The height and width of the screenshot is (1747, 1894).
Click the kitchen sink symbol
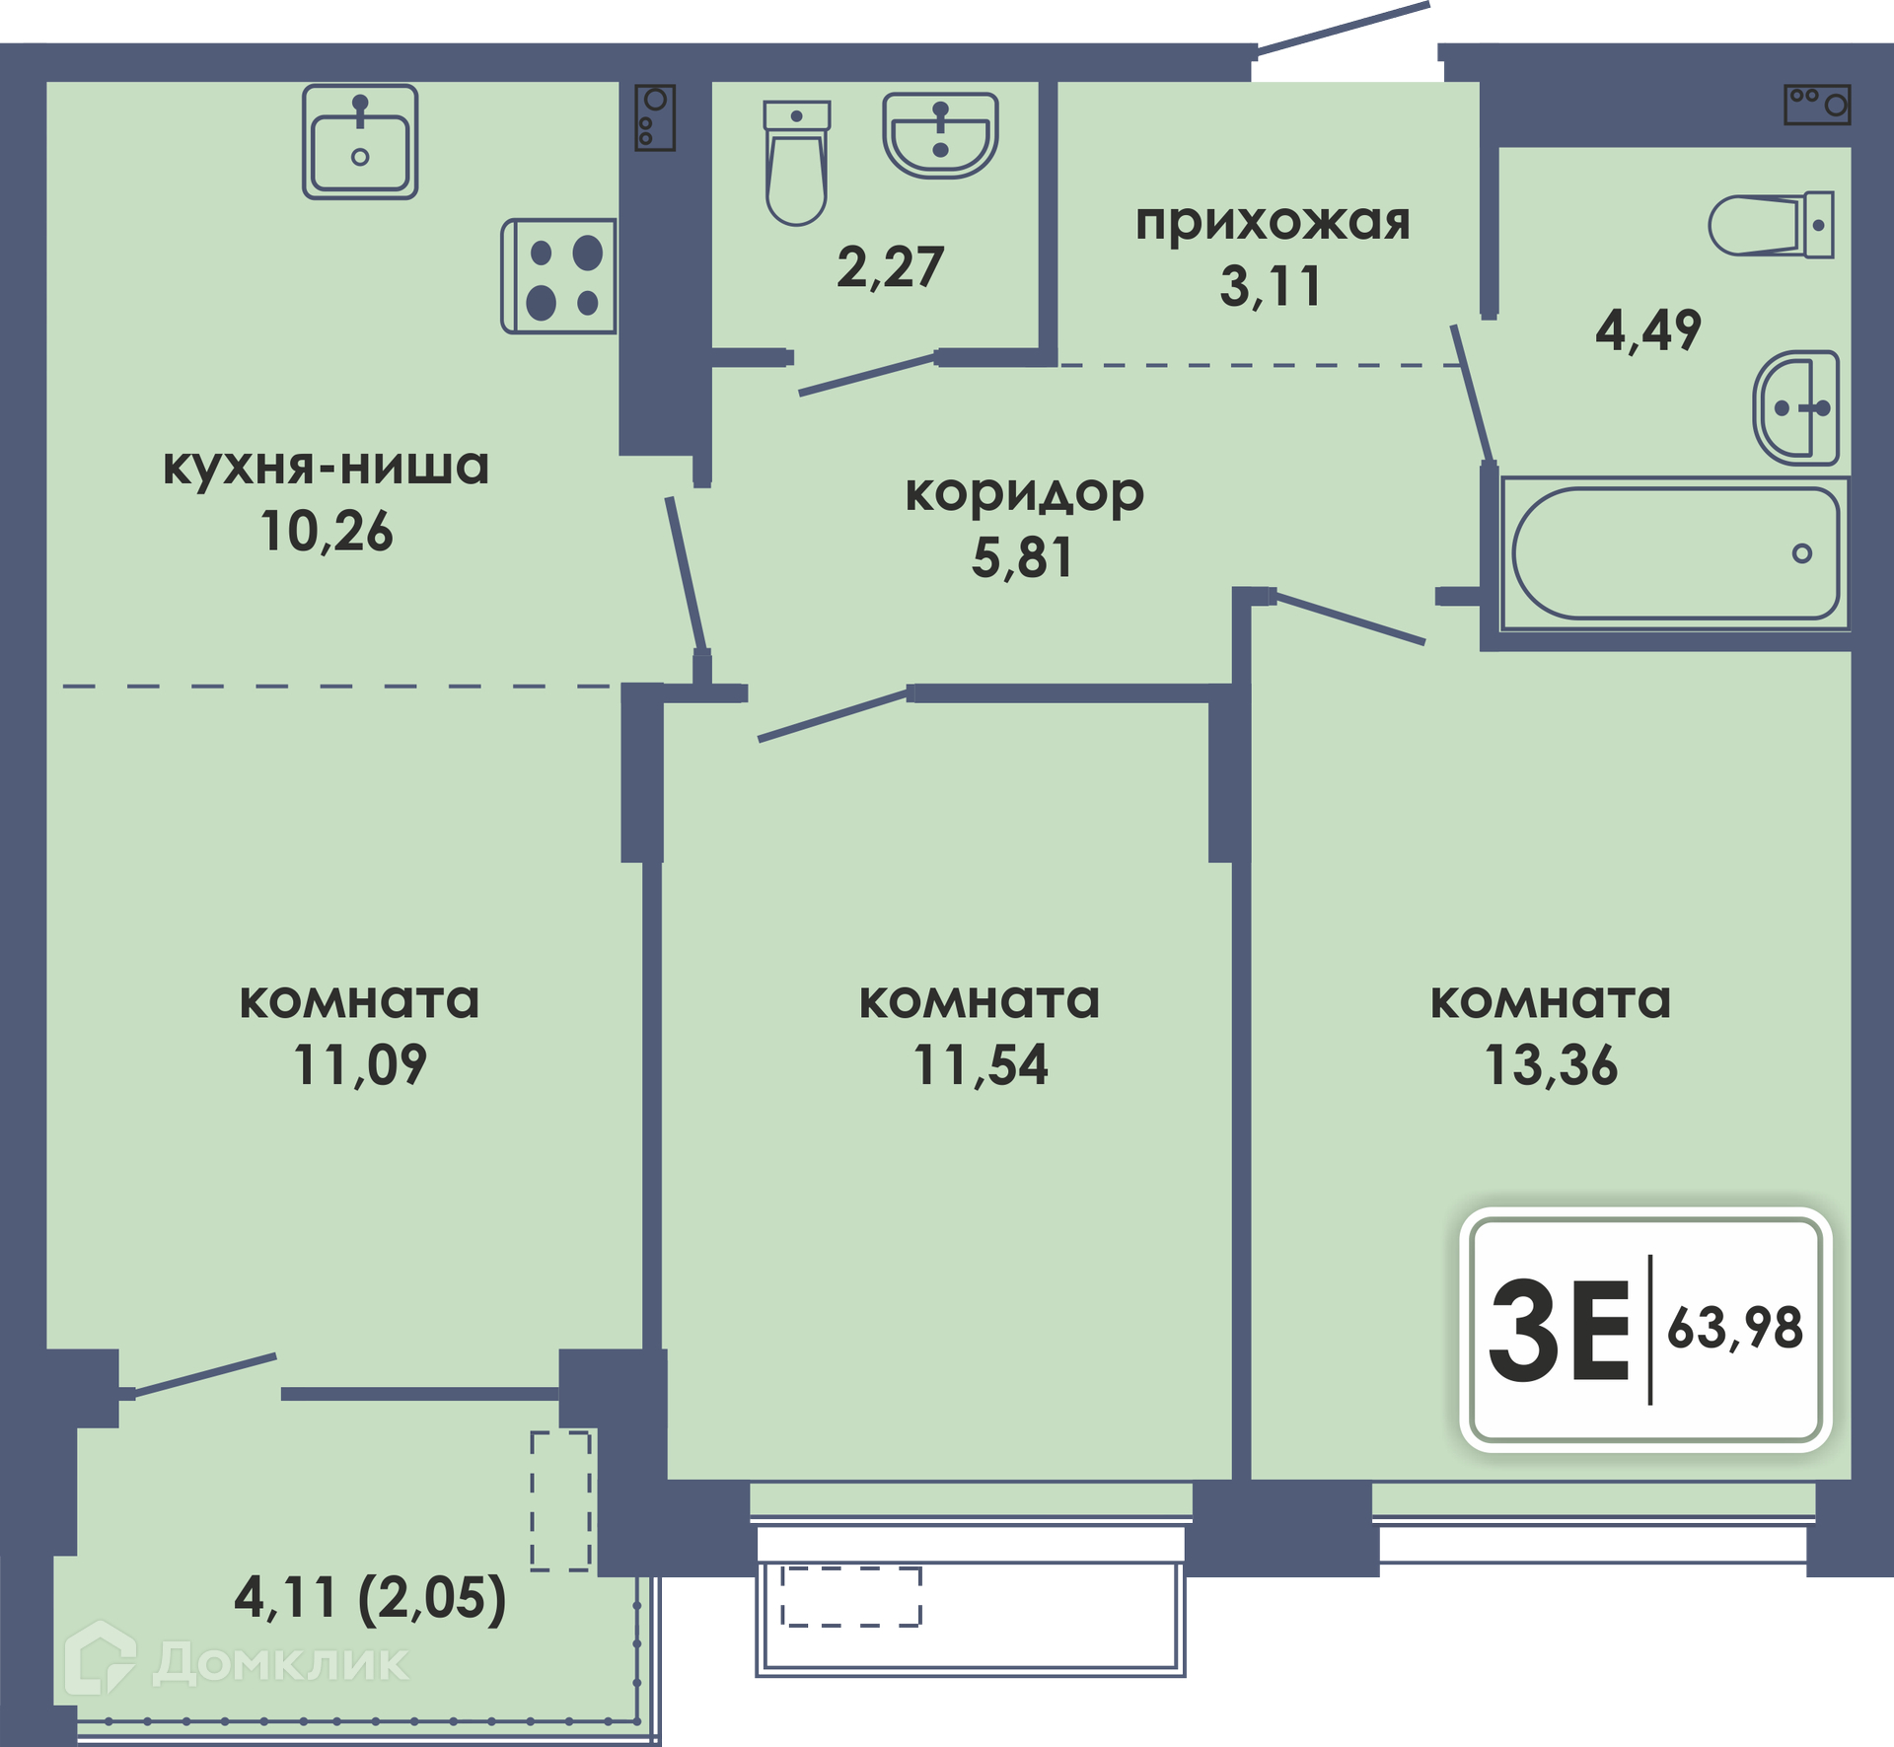pos(360,141)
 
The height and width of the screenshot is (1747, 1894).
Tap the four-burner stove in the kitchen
pos(559,276)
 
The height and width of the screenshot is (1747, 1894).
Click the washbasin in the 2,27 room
pos(940,135)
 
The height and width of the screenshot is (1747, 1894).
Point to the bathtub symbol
pos(1675,553)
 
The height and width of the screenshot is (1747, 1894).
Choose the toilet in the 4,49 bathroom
pos(1772,225)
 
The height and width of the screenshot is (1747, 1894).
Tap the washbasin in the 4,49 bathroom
pos(1796,407)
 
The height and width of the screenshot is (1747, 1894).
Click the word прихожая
pos(1273,223)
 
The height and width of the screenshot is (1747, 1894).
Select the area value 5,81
pos(1023,557)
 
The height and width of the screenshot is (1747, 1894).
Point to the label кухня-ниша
pos(327,467)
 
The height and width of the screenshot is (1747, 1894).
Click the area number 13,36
pos(1552,1065)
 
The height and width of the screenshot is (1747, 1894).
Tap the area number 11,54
pos(982,1065)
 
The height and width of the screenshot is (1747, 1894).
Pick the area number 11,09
pos(361,1065)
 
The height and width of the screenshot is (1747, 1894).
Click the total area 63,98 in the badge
pos(1735,1329)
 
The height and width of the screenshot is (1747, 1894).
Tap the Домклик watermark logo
pos(237,1663)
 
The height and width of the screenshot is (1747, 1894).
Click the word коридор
pos(1025,495)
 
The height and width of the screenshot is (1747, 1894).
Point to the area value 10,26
pos(327,532)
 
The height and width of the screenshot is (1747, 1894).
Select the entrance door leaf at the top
pos(1344,28)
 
